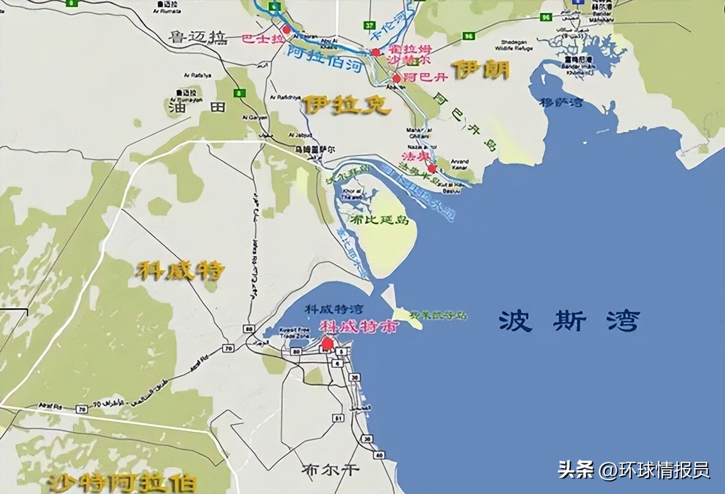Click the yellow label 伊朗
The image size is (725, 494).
480,71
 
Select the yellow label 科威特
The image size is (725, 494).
180,271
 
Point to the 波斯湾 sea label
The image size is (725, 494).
569,321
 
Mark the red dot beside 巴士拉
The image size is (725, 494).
286,29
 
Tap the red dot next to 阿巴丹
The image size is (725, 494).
396,79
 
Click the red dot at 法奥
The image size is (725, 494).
432,168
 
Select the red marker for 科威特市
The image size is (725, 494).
327,343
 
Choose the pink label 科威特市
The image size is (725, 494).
359,326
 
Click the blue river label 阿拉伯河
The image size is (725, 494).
324,59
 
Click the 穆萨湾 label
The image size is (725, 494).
561,103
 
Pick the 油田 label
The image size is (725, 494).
189,108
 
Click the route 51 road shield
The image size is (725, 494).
338,418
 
